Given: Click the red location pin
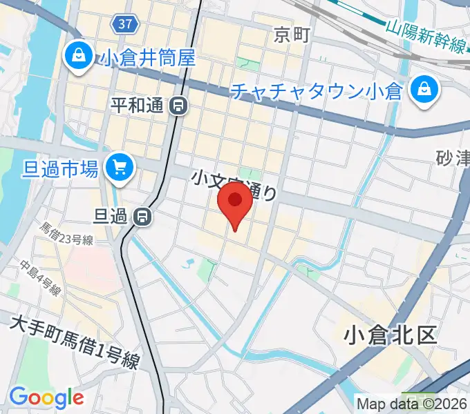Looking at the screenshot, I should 235,204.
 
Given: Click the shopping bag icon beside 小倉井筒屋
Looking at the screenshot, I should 79,55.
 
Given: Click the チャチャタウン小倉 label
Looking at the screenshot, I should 317,90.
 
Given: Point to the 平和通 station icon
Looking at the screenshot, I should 178,106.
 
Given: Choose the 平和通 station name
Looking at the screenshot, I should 136,106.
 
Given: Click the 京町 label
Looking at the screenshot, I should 291,34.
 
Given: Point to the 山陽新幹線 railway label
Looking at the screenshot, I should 425,37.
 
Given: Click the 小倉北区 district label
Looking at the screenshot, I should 391,335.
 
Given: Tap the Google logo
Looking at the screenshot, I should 46,397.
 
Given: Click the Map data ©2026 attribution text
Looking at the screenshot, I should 412,403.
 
